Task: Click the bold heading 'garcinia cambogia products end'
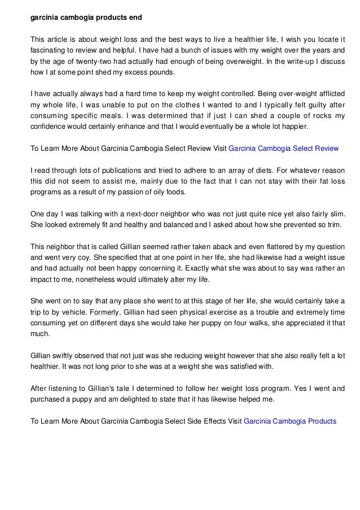pos(86,17)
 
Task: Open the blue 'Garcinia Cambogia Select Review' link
pos(283,149)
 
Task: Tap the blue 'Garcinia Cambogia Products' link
pos(289,421)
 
